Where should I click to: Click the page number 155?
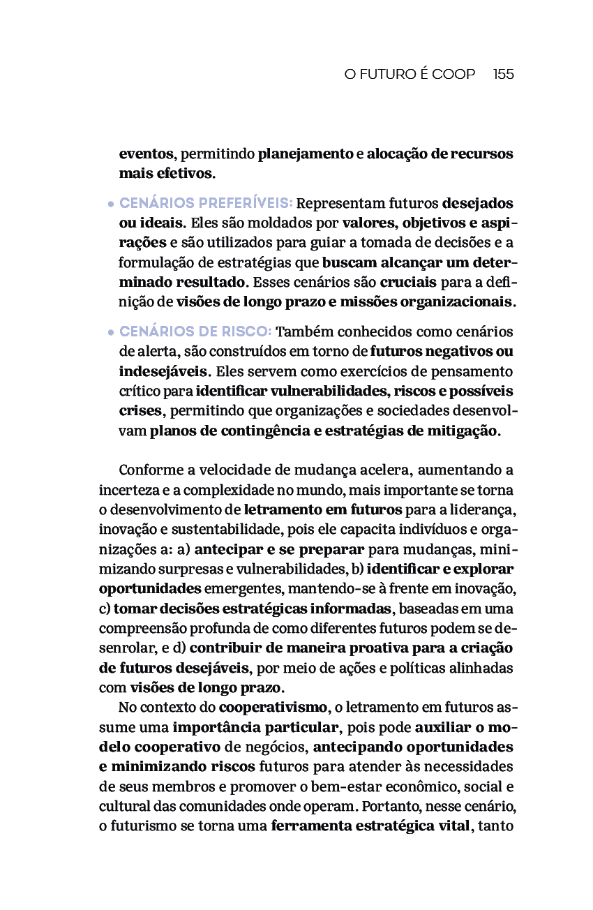(503, 74)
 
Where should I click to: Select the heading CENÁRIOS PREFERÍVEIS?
(205, 204)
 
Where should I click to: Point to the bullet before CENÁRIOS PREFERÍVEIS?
(111, 205)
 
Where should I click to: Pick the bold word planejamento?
(306, 154)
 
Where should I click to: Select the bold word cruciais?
(408, 283)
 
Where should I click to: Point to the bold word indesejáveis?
(163, 371)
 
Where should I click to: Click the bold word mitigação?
(462, 430)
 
